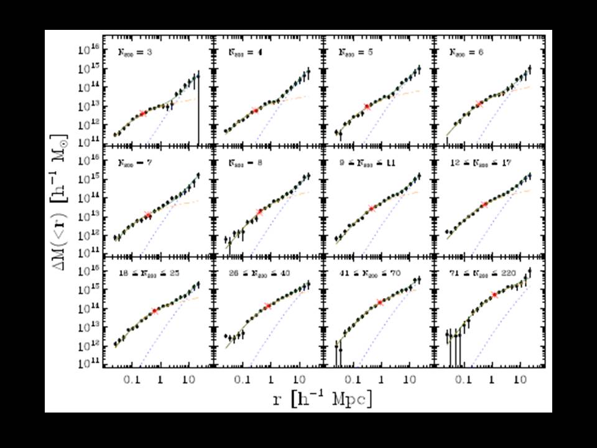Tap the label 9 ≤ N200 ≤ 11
[368, 162]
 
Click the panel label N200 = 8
[244, 162]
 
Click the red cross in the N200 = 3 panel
[143, 113]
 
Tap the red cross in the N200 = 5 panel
[367, 107]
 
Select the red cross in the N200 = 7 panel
[147, 215]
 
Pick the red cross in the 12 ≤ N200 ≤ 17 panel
[484, 205]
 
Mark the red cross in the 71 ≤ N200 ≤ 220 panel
[495, 295]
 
